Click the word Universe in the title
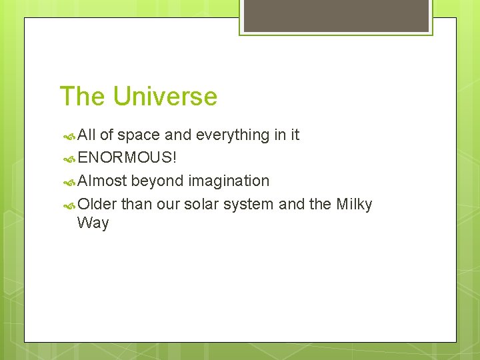pyautogui.click(x=165, y=97)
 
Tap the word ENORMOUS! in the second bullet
pyautogui.click(x=127, y=158)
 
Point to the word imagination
pyautogui.click(x=229, y=181)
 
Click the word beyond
pyautogui.click(x=157, y=181)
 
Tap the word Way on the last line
pyautogui.click(x=93, y=223)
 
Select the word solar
pyautogui.click(x=201, y=204)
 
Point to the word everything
pyautogui.click(x=232, y=135)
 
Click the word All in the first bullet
pyautogui.click(x=87, y=135)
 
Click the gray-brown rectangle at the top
pyautogui.click(x=336, y=15)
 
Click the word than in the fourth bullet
pyautogui.click(x=137, y=204)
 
